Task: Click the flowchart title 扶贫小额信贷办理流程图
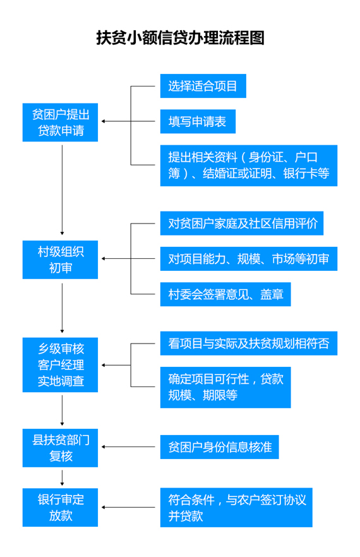point(180,38)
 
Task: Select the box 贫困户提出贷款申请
point(60,123)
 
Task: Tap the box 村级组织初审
point(60,260)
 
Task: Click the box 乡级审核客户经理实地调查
point(60,365)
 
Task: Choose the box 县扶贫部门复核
point(60,448)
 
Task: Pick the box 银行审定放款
point(60,507)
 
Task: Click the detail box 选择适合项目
point(203,86)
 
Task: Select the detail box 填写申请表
point(198,121)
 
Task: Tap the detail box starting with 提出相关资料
point(248,165)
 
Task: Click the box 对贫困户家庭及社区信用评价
point(242,224)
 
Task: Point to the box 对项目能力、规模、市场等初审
point(248,259)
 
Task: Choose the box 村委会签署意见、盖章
point(225,294)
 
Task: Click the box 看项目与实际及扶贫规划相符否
point(248,344)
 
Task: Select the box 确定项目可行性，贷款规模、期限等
point(225,387)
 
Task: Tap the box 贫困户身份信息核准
point(219,447)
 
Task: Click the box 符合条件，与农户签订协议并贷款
point(236,507)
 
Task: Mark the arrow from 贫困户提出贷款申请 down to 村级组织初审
point(62,190)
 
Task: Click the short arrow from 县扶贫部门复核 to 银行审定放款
point(62,478)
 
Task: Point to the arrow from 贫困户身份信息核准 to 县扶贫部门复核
point(128,447)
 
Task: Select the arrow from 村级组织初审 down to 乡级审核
point(62,308)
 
